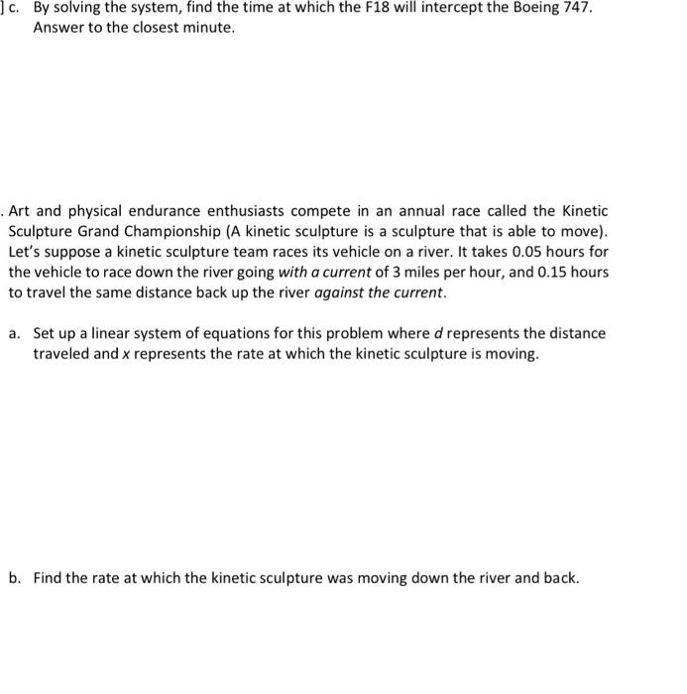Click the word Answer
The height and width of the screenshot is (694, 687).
pyautogui.click(x=57, y=28)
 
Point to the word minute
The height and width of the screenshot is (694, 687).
pyautogui.click(x=209, y=28)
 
